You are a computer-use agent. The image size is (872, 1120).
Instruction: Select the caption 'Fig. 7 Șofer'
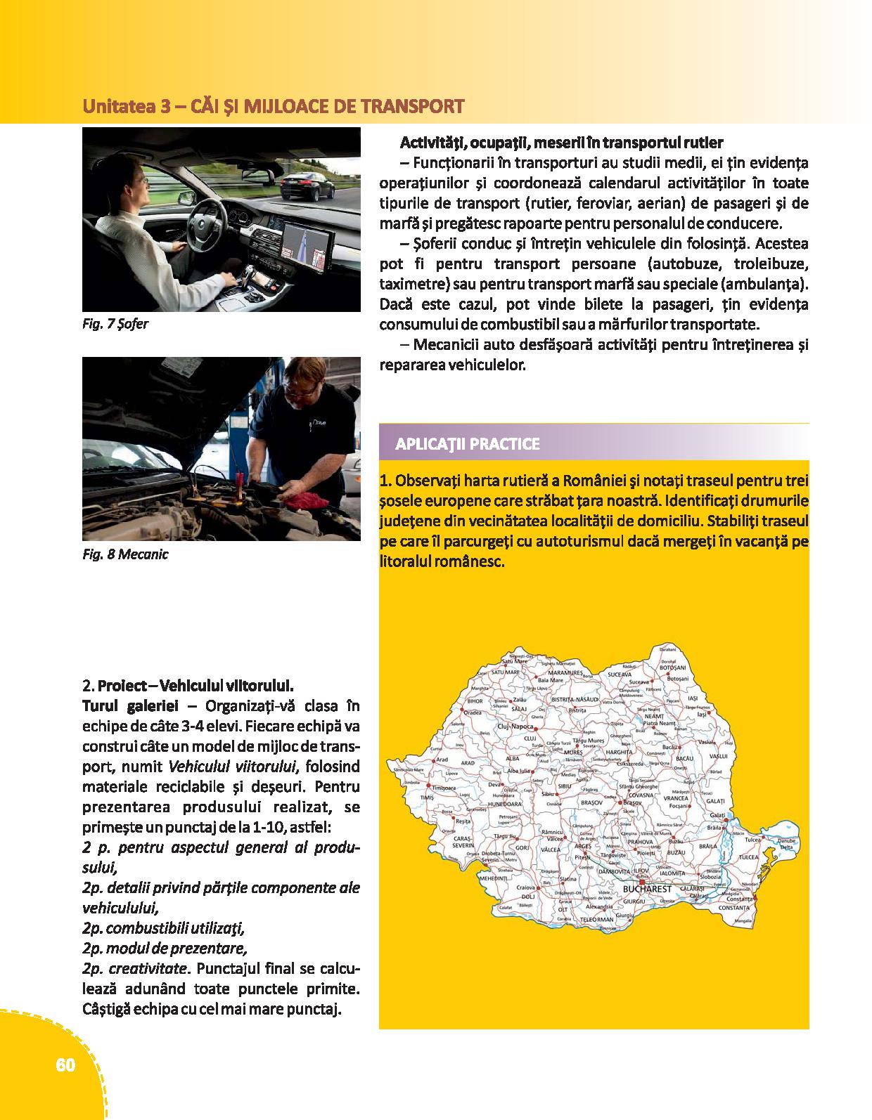[x=115, y=325]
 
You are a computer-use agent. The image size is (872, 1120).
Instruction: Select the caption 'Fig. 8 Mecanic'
[x=125, y=554]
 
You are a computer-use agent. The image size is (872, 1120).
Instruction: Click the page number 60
[x=65, y=1065]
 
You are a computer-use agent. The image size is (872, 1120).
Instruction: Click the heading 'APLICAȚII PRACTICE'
[x=468, y=444]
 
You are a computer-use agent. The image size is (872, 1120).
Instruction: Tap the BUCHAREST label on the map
[x=647, y=889]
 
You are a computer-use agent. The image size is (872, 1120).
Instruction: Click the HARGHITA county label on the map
[x=619, y=752]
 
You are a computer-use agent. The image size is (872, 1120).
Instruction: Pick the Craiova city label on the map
[x=525, y=887]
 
